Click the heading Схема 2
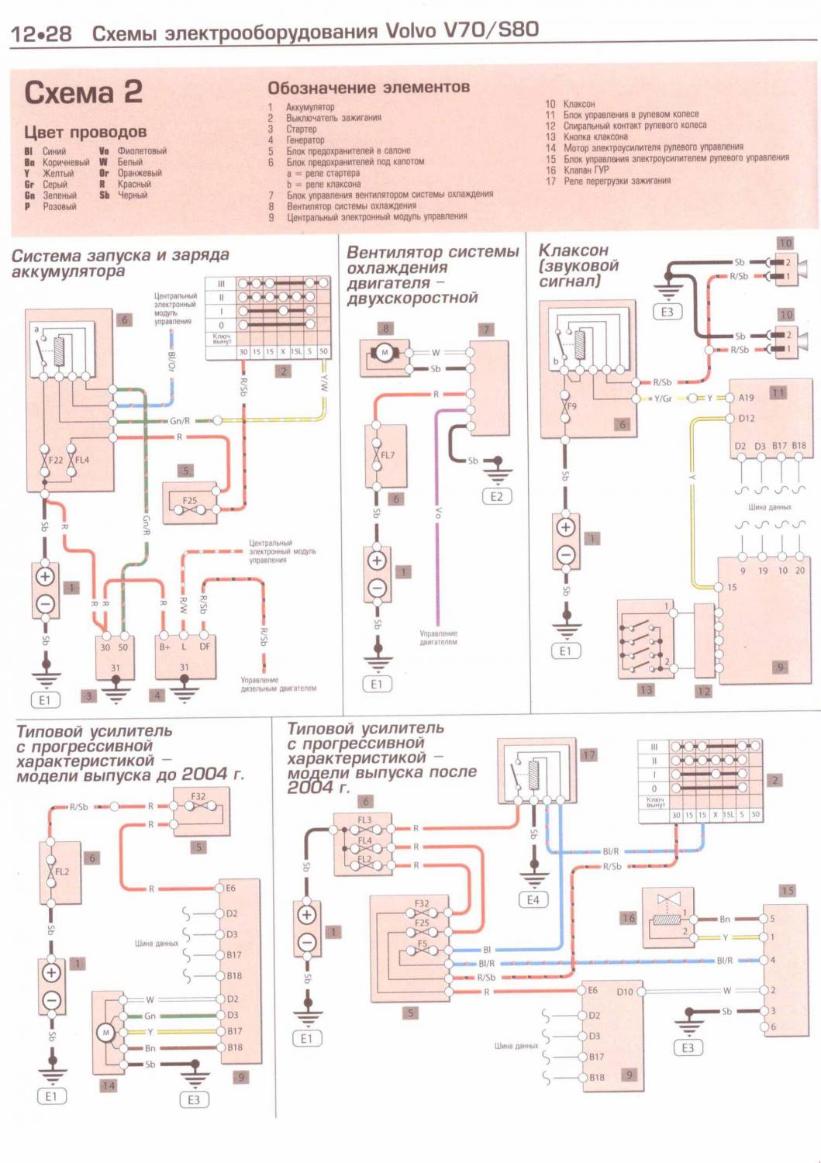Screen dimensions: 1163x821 coord(83,92)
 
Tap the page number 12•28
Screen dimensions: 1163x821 coord(41,34)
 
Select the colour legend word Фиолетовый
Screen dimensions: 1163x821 coord(142,151)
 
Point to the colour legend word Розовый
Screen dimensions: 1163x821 coord(60,206)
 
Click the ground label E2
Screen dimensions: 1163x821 coord(496,497)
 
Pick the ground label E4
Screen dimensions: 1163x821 coord(533,900)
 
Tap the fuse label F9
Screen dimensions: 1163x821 coord(571,406)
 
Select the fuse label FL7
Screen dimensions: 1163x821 coord(388,455)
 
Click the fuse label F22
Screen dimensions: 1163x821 coord(56,460)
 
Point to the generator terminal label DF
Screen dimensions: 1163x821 coord(205,647)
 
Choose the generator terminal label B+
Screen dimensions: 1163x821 coord(164,647)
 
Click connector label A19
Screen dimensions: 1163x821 coord(746,398)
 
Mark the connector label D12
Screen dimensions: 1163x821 coord(746,419)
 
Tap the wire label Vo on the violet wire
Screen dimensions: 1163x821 coord(438,512)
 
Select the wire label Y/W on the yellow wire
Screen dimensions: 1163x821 coord(324,381)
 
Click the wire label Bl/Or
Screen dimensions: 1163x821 coord(171,360)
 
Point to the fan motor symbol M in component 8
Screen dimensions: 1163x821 coord(384,353)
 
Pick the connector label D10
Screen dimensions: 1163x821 coord(625,992)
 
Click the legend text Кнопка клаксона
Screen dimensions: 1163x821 coord(595,136)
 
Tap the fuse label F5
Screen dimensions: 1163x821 coord(423,944)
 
